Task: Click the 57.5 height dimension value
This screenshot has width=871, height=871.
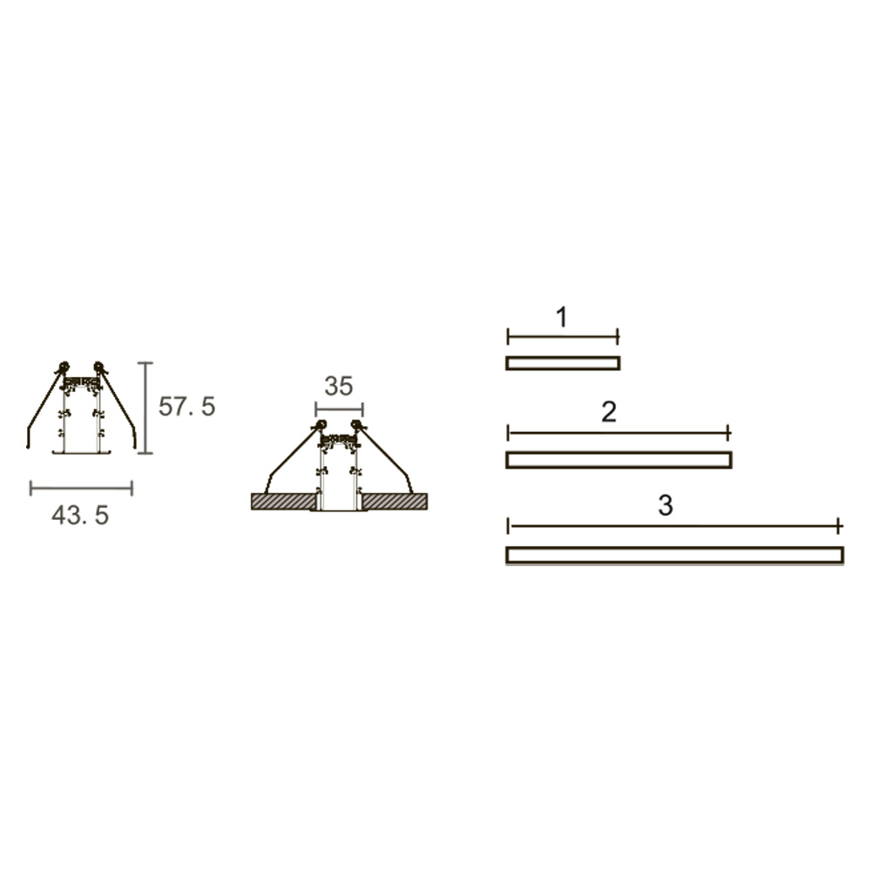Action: [x=186, y=407]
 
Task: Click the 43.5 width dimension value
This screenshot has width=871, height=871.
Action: [x=80, y=516]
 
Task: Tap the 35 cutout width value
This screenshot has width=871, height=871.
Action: [x=338, y=386]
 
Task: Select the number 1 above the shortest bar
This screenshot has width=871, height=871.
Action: [x=562, y=317]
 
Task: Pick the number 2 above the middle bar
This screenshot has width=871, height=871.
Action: [x=609, y=412]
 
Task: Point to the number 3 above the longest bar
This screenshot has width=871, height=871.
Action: [x=665, y=505]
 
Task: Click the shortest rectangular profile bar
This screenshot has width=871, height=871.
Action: [x=563, y=363]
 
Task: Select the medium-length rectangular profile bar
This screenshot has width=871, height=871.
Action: [x=618, y=460]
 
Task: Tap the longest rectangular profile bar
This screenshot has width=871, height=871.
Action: [x=675, y=555]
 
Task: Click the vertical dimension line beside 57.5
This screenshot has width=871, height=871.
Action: [x=145, y=408]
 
